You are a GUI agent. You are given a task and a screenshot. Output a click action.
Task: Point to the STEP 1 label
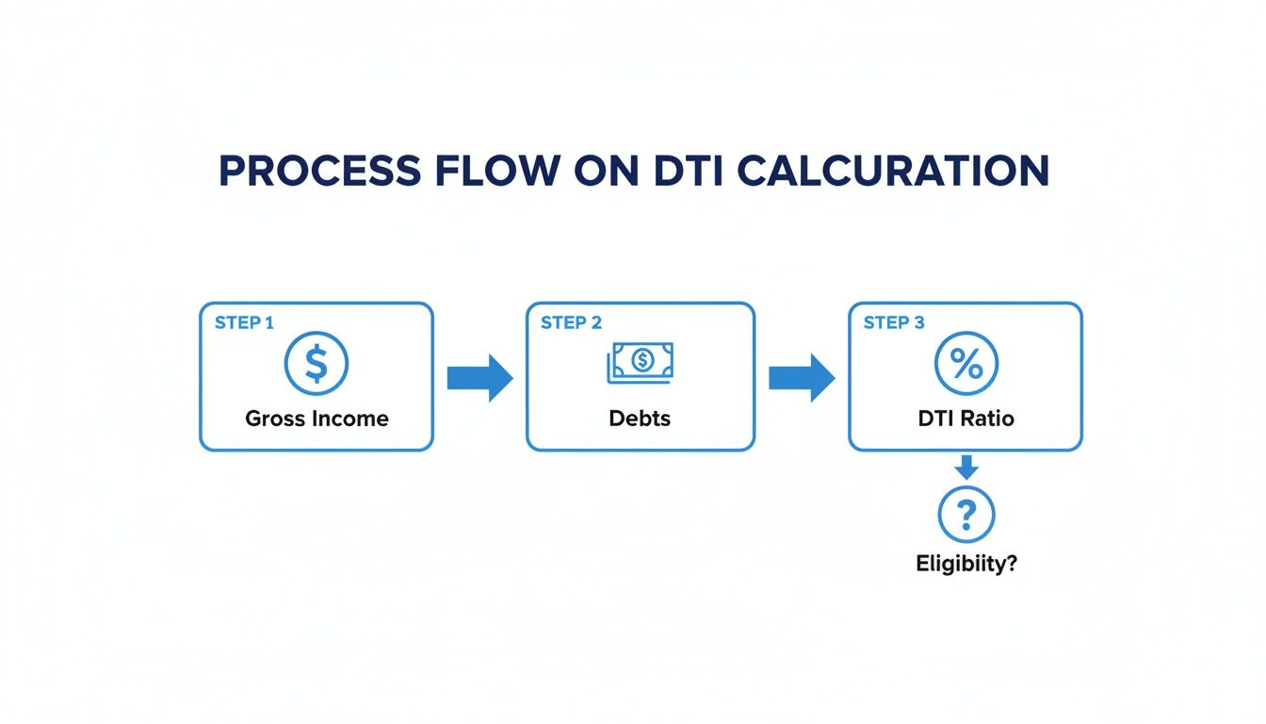[244, 323]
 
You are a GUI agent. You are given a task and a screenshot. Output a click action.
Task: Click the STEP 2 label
[571, 323]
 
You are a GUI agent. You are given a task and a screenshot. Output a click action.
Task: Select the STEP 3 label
[894, 323]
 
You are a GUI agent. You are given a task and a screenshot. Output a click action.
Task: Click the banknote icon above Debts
[641, 362]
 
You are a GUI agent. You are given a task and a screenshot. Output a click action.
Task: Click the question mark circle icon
[966, 515]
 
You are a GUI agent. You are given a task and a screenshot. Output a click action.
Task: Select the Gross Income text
[316, 419]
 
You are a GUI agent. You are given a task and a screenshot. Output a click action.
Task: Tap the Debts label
[641, 419]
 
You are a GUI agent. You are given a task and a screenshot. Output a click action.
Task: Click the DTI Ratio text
[966, 419]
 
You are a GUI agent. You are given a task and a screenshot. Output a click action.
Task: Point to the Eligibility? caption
[966, 565]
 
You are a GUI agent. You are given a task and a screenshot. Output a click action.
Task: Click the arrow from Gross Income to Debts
[479, 378]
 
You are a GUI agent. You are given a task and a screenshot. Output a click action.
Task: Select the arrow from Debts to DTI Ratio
[802, 378]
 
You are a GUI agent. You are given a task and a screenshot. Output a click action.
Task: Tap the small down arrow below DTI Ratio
[966, 467]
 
